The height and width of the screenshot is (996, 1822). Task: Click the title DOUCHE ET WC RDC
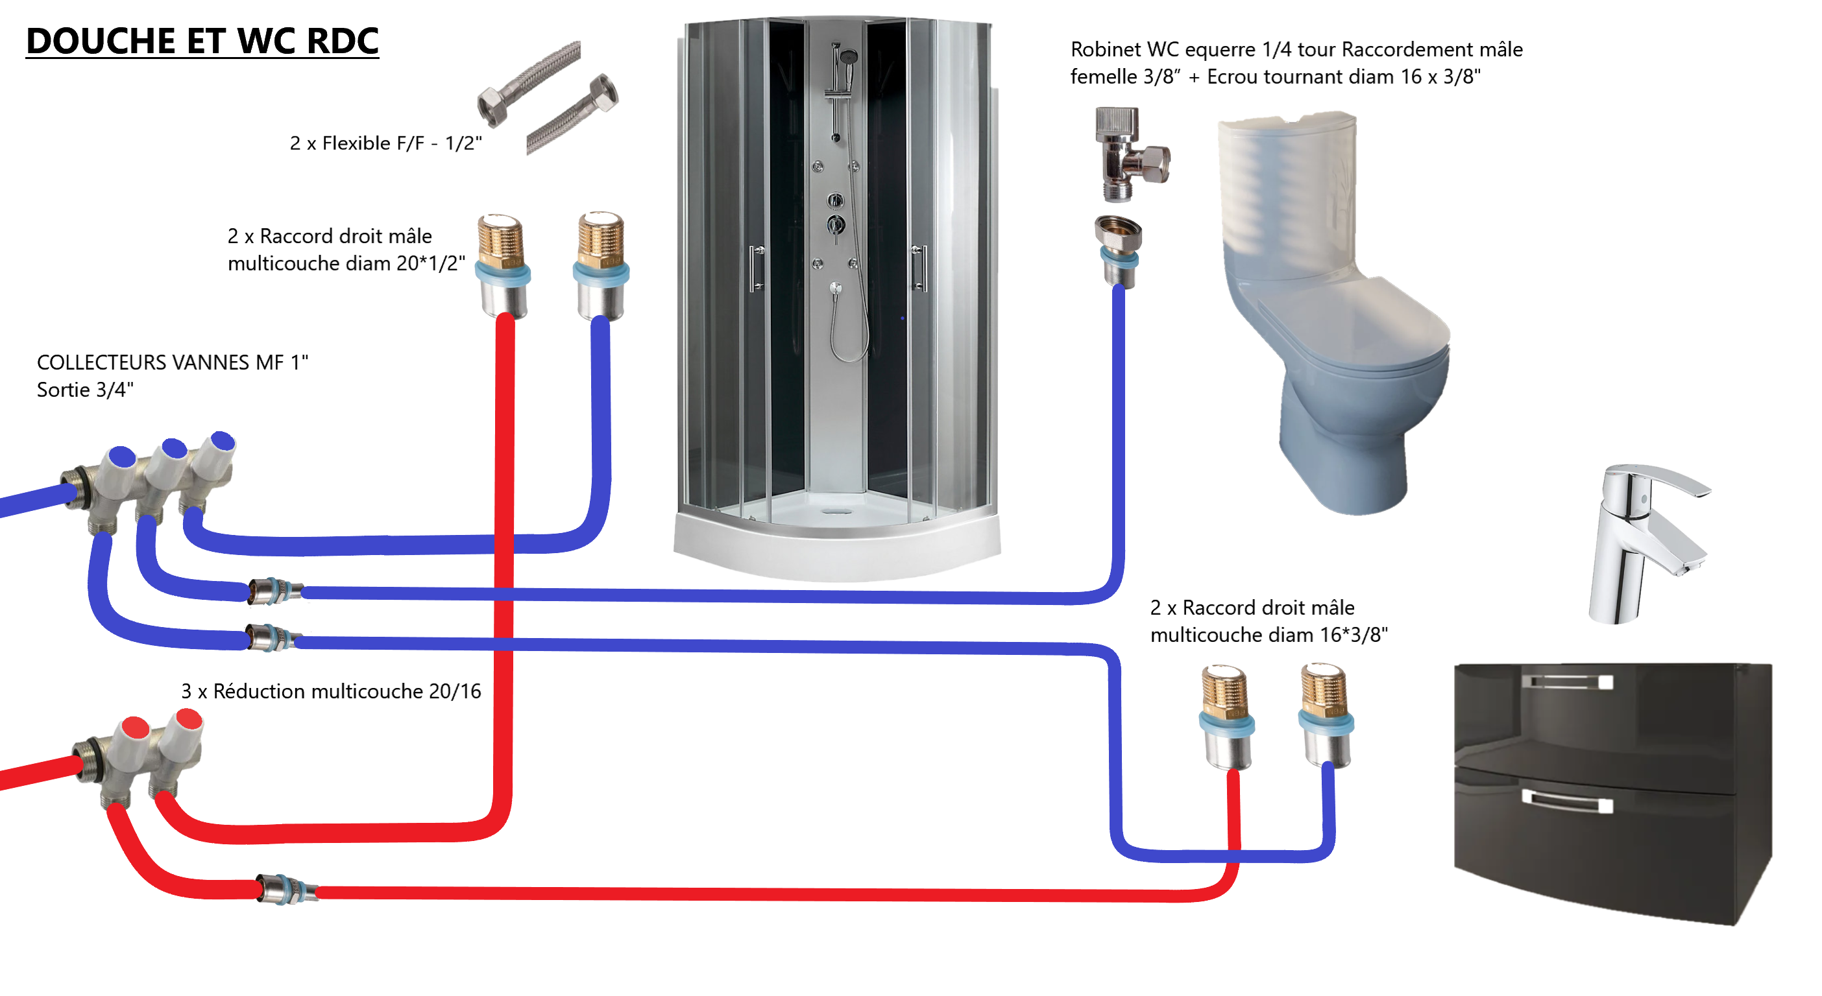coord(202,41)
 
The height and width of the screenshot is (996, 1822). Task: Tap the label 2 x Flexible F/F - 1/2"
coord(385,143)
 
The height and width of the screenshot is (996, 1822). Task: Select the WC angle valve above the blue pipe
coord(1129,152)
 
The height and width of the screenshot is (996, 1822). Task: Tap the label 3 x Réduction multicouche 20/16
coord(331,691)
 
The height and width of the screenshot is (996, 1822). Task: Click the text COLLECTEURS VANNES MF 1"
coord(173,362)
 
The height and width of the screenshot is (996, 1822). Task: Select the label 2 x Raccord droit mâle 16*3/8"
coord(1269,621)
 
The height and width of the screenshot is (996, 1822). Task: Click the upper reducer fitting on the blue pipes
coord(275,591)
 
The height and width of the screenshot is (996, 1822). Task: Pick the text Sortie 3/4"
coord(86,390)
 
